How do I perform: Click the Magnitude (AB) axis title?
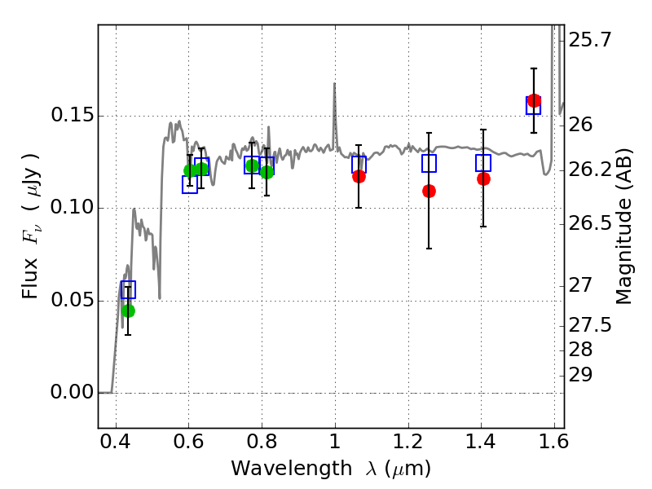(625, 228)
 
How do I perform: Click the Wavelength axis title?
(330, 469)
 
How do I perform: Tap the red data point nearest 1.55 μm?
(534, 101)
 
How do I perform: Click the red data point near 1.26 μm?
(429, 191)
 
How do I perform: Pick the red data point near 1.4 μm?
(483, 178)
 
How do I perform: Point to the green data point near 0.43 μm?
(128, 311)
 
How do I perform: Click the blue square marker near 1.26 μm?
(429, 163)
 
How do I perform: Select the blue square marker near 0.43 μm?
(128, 289)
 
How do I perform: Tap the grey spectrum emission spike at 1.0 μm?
(334, 85)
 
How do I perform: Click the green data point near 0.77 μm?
(252, 165)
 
